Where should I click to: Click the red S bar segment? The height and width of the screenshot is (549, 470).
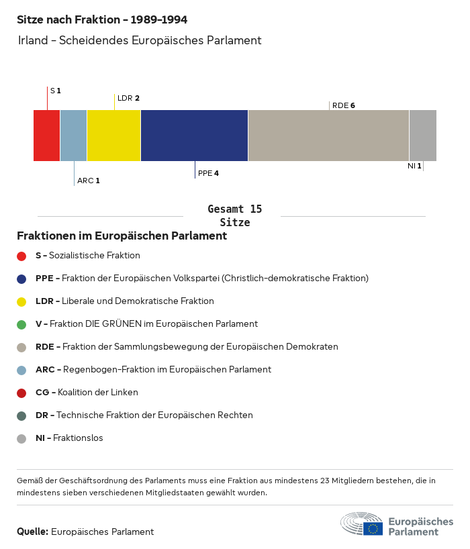pyautogui.click(x=46, y=136)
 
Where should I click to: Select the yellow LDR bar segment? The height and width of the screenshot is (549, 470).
pyautogui.click(x=113, y=136)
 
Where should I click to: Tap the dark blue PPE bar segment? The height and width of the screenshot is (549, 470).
pyautogui.click(x=194, y=136)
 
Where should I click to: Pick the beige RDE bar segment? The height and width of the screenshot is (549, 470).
pyautogui.click(x=328, y=136)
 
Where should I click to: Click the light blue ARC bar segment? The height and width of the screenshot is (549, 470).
pyautogui.click(x=73, y=136)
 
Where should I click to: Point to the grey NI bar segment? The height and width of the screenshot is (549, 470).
pyautogui.click(x=422, y=136)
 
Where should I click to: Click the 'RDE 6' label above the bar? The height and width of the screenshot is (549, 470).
pyautogui.click(x=344, y=105)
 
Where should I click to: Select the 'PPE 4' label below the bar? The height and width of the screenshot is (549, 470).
pyautogui.click(x=208, y=173)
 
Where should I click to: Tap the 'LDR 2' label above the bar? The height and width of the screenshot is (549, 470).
pyautogui.click(x=128, y=98)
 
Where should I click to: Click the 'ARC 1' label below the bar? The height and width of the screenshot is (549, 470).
pyautogui.click(x=88, y=181)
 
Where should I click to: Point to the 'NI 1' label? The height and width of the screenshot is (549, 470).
pyautogui.click(x=414, y=166)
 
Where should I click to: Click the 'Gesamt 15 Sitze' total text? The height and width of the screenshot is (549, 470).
pyautogui.click(x=234, y=216)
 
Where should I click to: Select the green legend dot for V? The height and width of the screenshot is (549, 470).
pyautogui.click(x=21, y=324)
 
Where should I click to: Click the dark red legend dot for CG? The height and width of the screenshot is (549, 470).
pyautogui.click(x=21, y=393)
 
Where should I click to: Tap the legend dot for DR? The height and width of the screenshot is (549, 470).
pyautogui.click(x=21, y=415)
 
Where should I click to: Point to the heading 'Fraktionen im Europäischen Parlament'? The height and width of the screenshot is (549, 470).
pyautogui.click(x=122, y=236)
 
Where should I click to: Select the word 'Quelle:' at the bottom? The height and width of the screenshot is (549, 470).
pyautogui.click(x=32, y=532)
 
